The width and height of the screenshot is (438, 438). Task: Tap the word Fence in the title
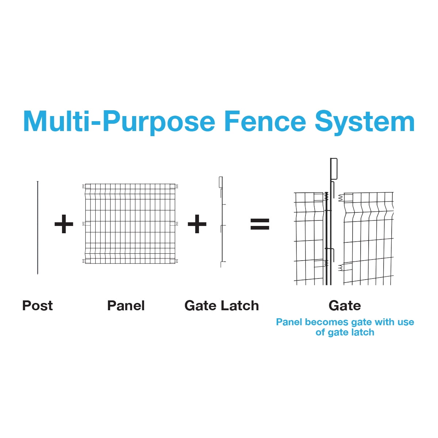click(x=265, y=121)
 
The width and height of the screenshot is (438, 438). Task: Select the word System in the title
click(x=365, y=123)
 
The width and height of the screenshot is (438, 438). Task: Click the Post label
click(x=38, y=306)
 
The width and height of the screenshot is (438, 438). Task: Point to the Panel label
click(x=126, y=306)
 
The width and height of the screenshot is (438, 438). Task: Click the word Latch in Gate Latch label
click(x=240, y=306)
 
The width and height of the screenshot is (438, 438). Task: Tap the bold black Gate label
click(x=345, y=306)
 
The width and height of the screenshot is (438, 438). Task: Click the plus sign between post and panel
click(x=64, y=224)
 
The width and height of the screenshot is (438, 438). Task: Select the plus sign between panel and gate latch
click(x=197, y=224)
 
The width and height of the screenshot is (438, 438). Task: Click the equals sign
click(x=260, y=224)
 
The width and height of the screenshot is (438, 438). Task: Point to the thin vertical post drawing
click(x=38, y=227)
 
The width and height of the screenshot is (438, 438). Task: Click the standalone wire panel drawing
click(x=130, y=223)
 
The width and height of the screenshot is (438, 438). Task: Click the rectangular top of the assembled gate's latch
click(x=334, y=169)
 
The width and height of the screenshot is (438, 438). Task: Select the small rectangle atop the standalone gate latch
click(x=220, y=182)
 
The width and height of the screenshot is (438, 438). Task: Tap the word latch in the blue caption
click(x=363, y=332)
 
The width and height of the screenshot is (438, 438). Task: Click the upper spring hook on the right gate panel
click(x=341, y=198)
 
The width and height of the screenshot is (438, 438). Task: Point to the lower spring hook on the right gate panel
click(x=341, y=268)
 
